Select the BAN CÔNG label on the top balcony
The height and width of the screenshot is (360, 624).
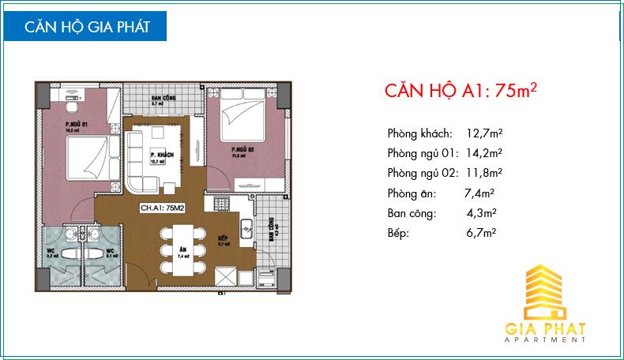(x=165, y=97)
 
